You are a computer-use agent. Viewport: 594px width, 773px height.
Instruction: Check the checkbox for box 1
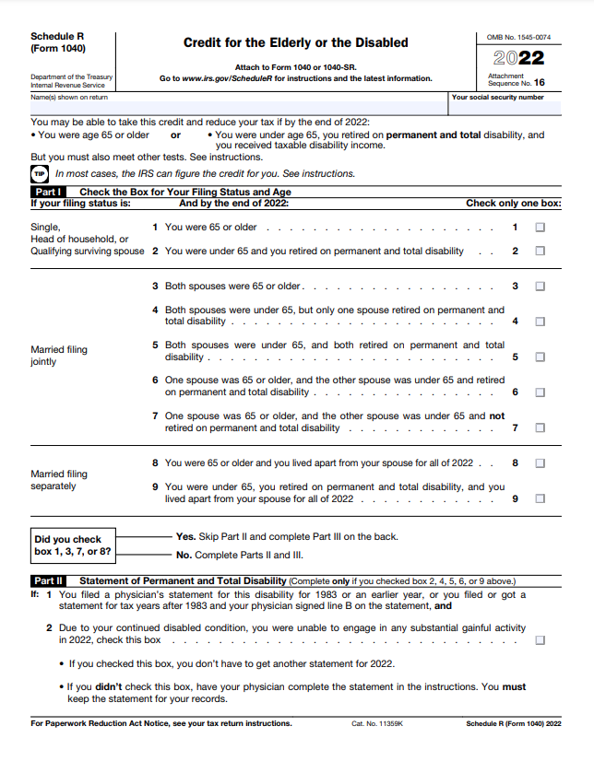coord(540,227)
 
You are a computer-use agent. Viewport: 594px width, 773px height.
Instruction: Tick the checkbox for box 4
coord(540,322)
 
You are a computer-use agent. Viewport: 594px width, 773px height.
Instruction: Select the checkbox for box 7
coord(540,427)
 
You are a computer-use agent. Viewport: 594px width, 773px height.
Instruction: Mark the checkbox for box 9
coord(540,498)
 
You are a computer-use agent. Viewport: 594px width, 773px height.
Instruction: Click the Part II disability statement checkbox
coord(540,639)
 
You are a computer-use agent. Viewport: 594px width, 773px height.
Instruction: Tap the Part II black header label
coord(47,581)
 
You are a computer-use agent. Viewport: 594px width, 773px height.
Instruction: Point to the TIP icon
coord(39,173)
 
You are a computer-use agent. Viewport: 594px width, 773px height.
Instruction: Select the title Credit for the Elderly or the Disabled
coord(295,42)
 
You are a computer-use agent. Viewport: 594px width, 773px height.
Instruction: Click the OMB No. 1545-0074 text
coord(518,37)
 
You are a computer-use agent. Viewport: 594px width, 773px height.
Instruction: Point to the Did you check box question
coord(72,545)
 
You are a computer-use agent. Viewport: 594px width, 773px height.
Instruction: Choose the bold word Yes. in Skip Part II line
coord(185,535)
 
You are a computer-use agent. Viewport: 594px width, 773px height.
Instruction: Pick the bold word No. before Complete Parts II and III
coord(184,555)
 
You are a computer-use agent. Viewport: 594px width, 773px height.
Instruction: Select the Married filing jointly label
coord(59,356)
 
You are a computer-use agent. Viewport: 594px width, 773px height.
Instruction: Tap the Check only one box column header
coord(513,203)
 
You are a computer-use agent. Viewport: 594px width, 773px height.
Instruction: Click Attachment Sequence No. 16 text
coord(517,79)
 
